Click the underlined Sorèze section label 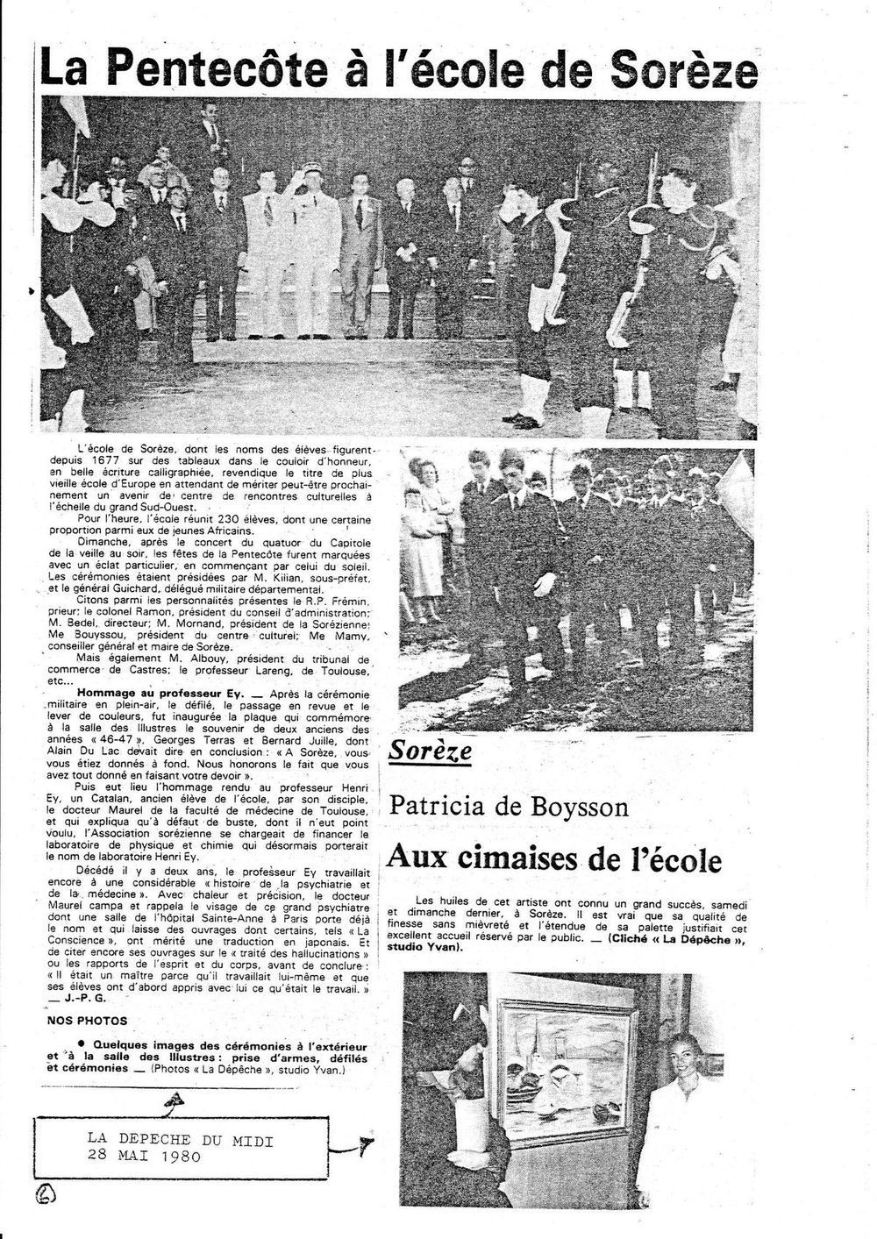431,751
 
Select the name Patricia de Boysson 509,805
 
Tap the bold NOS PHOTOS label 88,1021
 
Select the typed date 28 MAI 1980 144,1156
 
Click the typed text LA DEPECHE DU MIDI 180,1140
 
